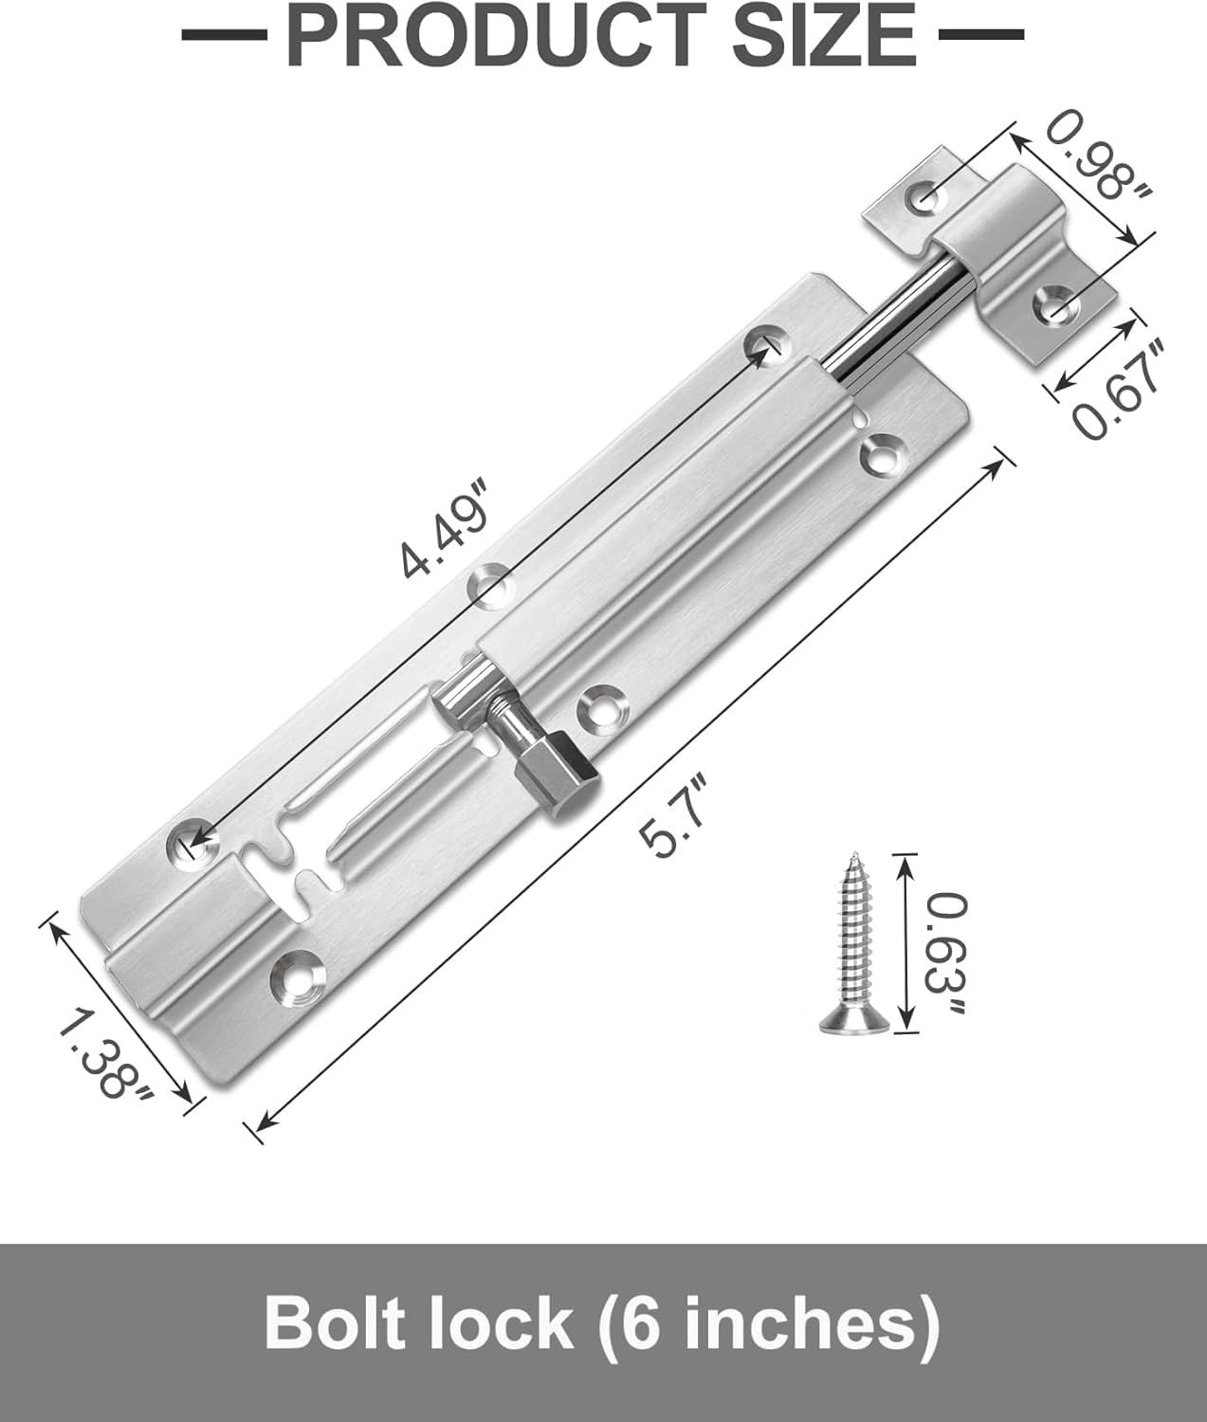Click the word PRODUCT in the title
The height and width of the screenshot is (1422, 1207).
(x=497, y=34)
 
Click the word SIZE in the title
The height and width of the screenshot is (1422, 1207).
(x=824, y=34)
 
